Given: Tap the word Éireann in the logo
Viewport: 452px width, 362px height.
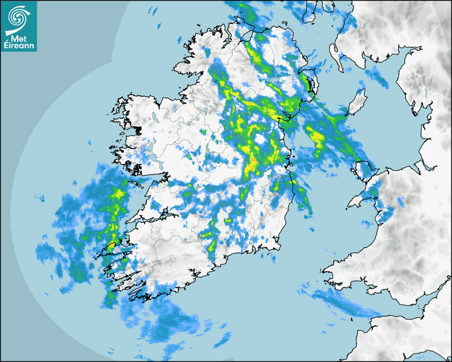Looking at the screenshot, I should (x=19, y=45).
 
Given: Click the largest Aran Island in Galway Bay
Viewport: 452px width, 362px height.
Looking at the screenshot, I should (x=136, y=182).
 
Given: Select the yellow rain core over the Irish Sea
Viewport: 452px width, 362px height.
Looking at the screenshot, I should (x=317, y=137).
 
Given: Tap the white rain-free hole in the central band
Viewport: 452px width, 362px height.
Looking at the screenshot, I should (x=260, y=139).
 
